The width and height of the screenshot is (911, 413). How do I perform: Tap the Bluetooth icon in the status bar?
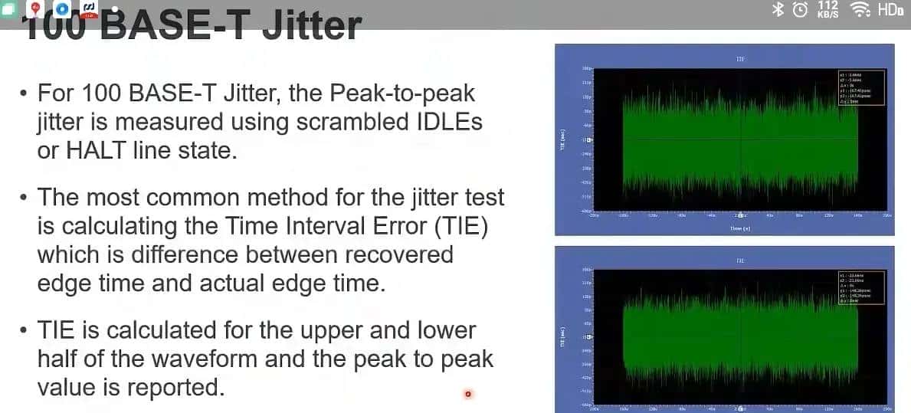tap(777, 9)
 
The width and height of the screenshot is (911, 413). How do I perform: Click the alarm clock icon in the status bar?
tap(800, 9)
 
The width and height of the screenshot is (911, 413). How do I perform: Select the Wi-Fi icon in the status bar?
tap(860, 9)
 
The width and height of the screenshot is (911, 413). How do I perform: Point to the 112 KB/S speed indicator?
tap(828, 9)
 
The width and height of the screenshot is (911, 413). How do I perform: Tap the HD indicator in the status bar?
tap(890, 9)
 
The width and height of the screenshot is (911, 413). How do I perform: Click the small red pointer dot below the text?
tap(467, 395)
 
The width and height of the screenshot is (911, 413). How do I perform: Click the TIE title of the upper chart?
tap(740, 58)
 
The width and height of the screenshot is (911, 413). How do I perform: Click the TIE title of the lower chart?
tap(740, 261)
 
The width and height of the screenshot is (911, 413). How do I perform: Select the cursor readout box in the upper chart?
tap(861, 86)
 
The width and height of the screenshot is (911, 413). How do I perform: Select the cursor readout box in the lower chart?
tap(861, 288)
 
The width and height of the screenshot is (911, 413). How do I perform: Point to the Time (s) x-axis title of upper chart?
tap(740, 228)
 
